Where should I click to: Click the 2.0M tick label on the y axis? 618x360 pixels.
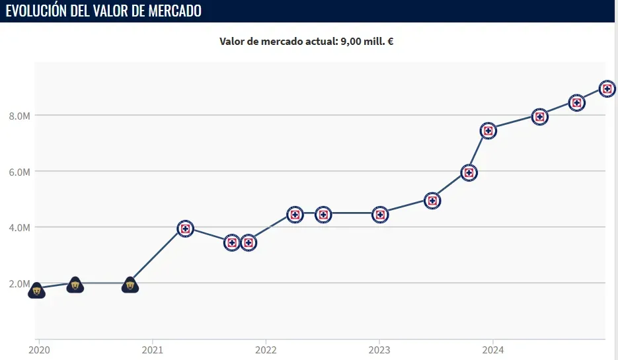(x=19, y=284)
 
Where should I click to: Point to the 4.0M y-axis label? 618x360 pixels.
(x=19, y=228)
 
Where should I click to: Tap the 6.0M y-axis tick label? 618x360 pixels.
(x=19, y=172)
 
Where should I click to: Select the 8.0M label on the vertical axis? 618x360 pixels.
(x=19, y=116)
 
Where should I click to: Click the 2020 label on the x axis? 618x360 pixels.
(x=39, y=349)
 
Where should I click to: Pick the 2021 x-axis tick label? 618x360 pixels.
(x=153, y=349)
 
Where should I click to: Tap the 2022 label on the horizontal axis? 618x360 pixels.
(x=266, y=349)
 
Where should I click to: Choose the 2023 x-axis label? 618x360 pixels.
(x=379, y=349)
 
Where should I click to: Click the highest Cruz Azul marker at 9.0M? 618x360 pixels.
(x=608, y=89)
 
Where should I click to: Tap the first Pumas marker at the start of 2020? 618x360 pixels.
(x=37, y=290)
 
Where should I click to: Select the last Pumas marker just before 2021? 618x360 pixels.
(x=130, y=285)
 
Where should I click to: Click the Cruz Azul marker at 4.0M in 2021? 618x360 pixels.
(x=185, y=229)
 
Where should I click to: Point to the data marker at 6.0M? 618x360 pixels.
(x=469, y=173)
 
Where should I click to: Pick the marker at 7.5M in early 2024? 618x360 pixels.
(x=488, y=130)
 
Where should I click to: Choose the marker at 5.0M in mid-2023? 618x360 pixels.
(x=432, y=201)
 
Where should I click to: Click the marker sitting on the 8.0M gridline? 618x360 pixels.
(x=540, y=117)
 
